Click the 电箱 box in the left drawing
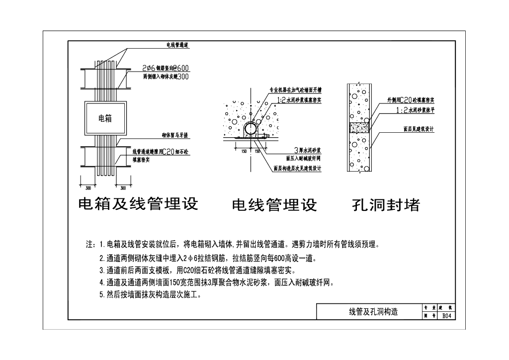tap(105, 118)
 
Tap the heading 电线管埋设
tap(274, 205)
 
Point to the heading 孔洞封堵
tap(386, 205)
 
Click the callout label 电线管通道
tap(177, 45)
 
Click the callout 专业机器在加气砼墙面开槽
tap(295, 90)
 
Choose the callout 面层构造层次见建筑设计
tap(297, 168)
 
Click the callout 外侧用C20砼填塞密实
tap(411, 100)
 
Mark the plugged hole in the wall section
tap(358, 127)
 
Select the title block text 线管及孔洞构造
tap(373, 312)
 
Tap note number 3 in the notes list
tap(197, 271)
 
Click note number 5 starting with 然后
tap(150, 295)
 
